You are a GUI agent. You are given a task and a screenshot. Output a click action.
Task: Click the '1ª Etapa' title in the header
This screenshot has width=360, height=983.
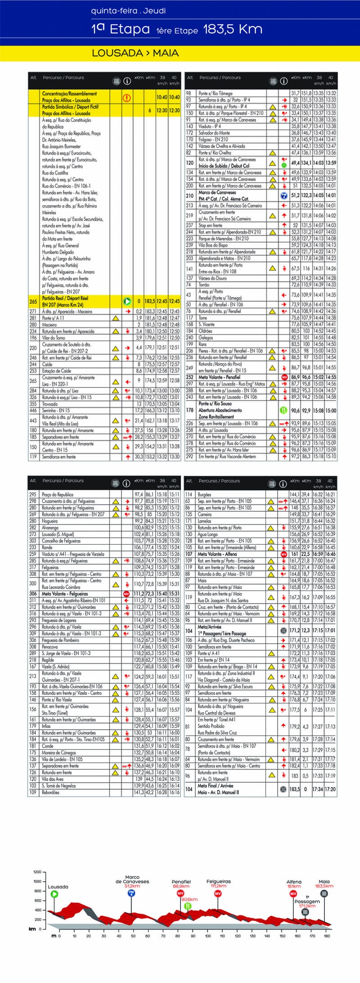pos(120,29)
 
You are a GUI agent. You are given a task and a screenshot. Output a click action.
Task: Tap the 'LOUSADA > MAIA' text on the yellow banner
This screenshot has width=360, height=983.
pos(135,53)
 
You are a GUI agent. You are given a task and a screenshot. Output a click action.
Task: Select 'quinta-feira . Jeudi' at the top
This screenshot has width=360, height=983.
pos(128,11)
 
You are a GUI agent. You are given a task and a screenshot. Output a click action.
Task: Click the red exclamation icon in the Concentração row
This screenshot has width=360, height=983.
pos(127,97)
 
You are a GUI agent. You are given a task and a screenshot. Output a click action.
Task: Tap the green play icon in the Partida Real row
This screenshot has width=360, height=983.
pos(127,301)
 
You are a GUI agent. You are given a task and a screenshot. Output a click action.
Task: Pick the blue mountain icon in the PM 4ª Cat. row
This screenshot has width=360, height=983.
pos(284,196)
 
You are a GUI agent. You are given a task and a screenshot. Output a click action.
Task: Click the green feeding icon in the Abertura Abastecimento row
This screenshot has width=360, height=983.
pos(284,410)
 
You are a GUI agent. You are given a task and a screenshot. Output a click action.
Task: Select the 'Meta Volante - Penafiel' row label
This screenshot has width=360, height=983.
pos(219,377)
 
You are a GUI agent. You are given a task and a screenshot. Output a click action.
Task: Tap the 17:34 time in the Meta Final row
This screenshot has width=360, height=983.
pos(318,789)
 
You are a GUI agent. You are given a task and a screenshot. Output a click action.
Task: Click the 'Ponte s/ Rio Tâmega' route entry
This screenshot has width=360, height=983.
pos(216,94)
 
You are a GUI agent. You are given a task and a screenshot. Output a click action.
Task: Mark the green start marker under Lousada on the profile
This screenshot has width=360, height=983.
pos(54,893)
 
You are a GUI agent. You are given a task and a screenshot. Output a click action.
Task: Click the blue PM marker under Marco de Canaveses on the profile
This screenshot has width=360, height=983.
pos(131,893)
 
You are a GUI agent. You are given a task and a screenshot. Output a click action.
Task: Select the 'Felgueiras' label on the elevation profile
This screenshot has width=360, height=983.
pos(218,881)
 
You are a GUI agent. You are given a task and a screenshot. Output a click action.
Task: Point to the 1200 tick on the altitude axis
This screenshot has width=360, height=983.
pos(37,872)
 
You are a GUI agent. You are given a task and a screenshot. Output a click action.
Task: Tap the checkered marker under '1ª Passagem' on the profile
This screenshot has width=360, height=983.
pos(305,911)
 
